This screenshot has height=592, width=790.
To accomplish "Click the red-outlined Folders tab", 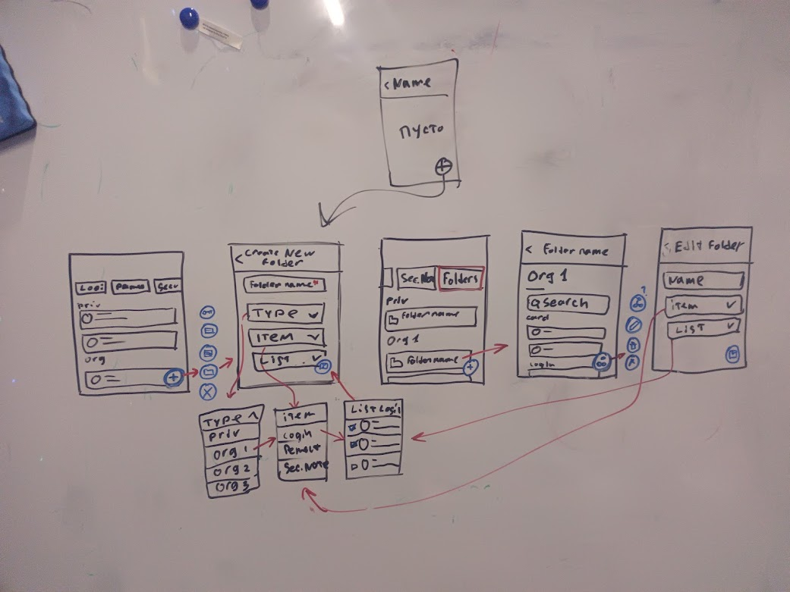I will coord(461,279).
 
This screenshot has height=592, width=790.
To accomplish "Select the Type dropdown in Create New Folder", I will coord(286,312).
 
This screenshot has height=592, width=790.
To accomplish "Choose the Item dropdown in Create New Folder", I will coord(286,337).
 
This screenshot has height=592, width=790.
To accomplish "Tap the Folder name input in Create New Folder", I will coord(284,285).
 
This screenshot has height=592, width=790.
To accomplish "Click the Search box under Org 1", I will coord(568,303).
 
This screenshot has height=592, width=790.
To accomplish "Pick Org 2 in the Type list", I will coord(229,471).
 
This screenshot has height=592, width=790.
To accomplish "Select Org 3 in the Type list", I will coord(231,488).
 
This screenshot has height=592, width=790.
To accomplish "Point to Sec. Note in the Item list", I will coord(304,467).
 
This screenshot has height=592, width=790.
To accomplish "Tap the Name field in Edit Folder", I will coord(702,280).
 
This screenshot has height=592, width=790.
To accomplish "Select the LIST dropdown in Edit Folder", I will coord(702,328).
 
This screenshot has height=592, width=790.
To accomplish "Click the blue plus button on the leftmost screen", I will coord(174,376).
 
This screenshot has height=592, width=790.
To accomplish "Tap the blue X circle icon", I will coord(208,392).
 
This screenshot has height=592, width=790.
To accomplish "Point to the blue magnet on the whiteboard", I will coord(189,17).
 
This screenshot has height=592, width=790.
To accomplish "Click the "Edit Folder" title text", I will coord(709,246).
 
